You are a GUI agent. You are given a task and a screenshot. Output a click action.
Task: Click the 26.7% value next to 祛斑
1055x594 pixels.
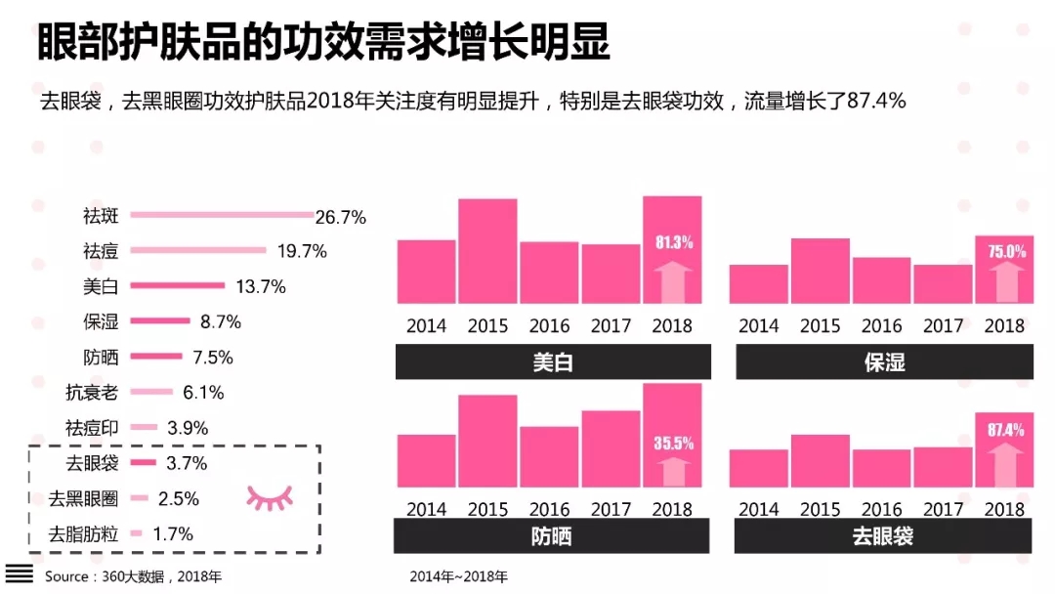(x=340, y=217)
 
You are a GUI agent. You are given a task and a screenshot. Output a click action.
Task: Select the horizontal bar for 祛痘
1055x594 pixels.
(x=198, y=250)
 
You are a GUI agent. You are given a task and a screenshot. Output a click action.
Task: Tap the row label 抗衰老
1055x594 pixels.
(x=92, y=393)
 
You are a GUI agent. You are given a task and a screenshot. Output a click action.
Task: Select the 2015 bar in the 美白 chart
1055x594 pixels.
(x=487, y=251)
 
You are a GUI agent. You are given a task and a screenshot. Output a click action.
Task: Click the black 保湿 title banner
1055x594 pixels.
(x=884, y=362)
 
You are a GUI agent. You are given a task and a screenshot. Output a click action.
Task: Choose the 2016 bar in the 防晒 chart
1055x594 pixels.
(x=549, y=456)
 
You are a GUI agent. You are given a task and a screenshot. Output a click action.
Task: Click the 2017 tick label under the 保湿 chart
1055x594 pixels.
(x=943, y=326)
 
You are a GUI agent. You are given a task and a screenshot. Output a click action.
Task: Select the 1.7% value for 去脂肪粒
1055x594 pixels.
(x=174, y=533)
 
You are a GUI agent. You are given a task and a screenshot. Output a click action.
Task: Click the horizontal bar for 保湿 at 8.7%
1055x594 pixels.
(x=160, y=320)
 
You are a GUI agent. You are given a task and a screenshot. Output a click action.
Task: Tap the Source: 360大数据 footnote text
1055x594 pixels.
(x=133, y=576)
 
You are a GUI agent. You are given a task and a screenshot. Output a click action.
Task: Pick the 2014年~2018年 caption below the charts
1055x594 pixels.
(x=459, y=576)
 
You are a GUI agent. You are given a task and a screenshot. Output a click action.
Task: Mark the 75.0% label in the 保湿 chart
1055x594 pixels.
(x=1005, y=251)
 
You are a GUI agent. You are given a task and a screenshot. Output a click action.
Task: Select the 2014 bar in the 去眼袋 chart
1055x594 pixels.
(x=758, y=468)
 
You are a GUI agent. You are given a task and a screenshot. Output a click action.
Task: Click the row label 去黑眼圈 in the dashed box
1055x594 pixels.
(x=84, y=498)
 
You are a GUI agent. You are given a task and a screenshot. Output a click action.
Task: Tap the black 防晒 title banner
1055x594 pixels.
(x=552, y=536)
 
